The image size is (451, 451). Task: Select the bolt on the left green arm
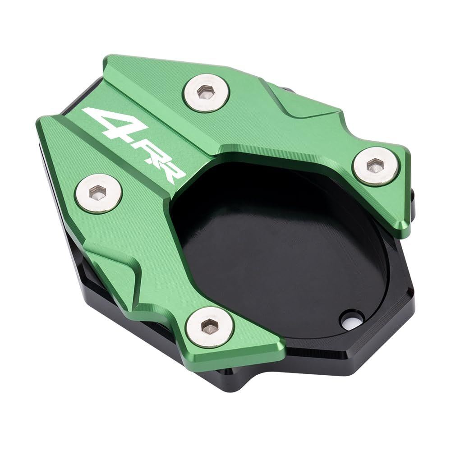click(x=98, y=193)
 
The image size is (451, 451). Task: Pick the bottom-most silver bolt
click(x=211, y=327)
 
